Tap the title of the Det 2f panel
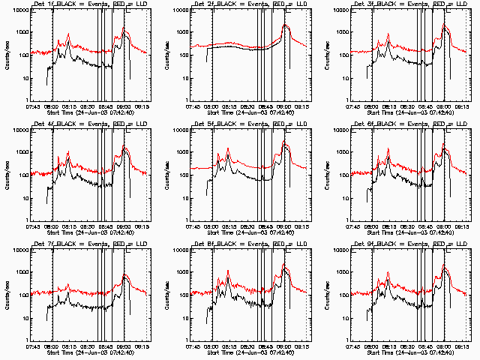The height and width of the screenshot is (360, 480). (x=248, y=4)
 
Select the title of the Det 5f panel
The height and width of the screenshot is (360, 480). (x=248, y=124)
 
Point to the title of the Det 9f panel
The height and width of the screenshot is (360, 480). (x=409, y=244)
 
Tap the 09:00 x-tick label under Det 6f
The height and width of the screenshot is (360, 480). (x=444, y=226)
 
